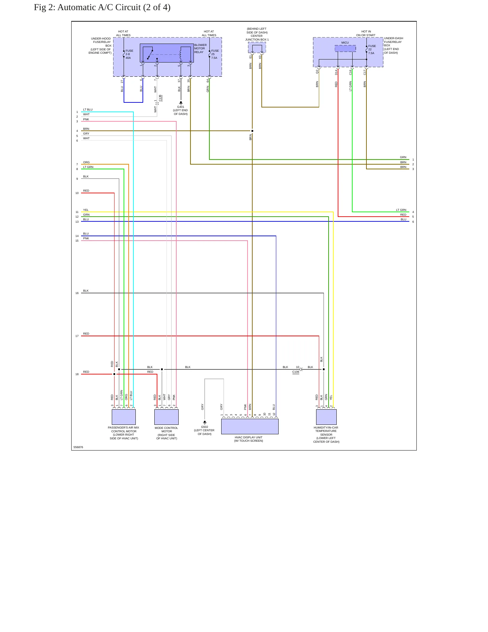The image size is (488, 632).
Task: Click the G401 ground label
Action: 181,107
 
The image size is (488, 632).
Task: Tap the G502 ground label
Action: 205,427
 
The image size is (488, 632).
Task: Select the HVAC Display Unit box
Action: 250,427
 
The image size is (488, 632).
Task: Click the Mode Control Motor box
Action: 166,417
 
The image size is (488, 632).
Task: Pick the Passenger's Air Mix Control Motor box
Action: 124,417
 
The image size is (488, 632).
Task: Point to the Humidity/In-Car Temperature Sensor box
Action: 326,417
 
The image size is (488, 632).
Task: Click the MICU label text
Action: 345,43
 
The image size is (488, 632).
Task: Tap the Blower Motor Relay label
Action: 200,49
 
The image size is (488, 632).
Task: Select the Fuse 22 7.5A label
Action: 372,50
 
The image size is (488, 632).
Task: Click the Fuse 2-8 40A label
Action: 129,54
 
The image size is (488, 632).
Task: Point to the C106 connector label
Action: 296,372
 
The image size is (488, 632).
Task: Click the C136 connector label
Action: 160,98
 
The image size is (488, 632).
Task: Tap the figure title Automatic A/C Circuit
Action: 102,7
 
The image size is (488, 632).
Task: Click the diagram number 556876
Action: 78,447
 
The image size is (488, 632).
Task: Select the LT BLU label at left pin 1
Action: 88,110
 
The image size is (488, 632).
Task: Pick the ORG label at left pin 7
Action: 86,162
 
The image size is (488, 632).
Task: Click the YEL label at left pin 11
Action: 86,210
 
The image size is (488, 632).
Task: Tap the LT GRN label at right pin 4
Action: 401,210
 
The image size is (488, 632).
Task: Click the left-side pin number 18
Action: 77,374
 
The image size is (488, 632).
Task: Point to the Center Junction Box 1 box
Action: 257,47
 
